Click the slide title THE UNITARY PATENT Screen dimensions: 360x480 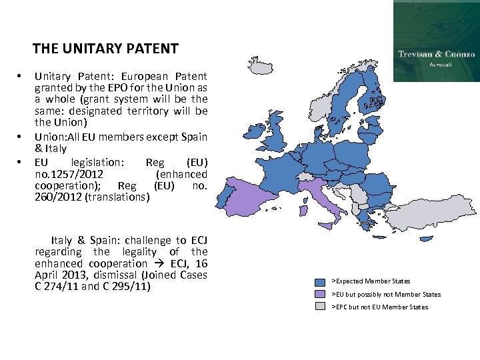click(105, 49)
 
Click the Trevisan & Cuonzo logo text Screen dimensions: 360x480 click(436, 54)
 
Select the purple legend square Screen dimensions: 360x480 click(321, 294)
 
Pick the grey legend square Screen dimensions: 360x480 click(321, 307)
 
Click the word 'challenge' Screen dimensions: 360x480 click(130, 240)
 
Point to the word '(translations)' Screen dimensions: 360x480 click(120, 197)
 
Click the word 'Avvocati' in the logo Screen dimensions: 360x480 click(437, 66)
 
